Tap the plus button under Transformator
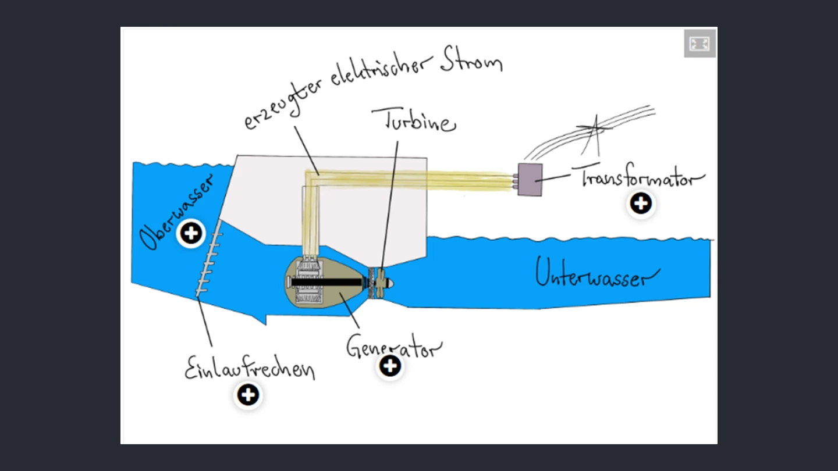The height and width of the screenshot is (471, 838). (x=641, y=204)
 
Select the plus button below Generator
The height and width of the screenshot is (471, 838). (x=390, y=366)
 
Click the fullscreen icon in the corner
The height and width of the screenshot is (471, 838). (x=699, y=44)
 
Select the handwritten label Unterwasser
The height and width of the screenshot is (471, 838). (x=597, y=273)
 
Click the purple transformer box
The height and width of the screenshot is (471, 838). (x=530, y=179)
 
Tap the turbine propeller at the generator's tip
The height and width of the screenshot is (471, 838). (x=380, y=282)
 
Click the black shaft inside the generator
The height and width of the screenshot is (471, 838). (x=326, y=282)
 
